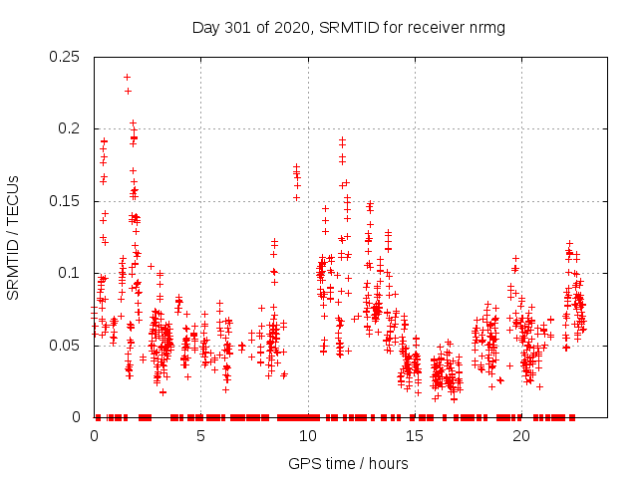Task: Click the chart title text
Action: point(348,27)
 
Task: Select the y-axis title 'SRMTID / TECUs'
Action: point(14,237)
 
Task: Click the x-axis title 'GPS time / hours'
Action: point(348,463)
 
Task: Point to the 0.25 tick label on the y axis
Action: point(65,57)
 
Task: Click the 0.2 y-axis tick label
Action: point(70,128)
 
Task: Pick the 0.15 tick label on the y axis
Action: point(65,201)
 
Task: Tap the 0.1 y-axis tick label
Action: point(70,273)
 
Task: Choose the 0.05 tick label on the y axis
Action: point(65,346)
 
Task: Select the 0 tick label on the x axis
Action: point(94,436)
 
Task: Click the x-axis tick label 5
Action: point(200,436)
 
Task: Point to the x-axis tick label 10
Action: point(307,436)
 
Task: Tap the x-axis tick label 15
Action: point(414,436)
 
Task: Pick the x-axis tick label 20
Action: point(520,436)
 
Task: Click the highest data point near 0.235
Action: point(127,77)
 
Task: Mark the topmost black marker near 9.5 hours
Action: point(296,166)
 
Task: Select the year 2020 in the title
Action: point(289,27)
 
